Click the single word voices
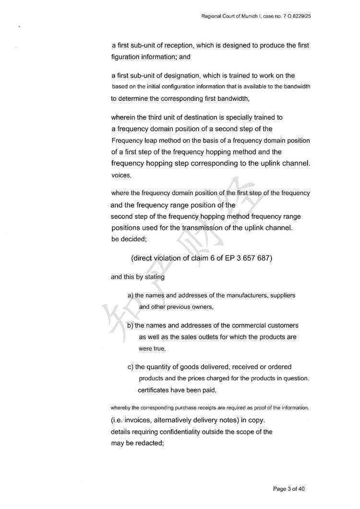pos(121,176)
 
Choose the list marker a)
pos(131,295)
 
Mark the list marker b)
pos(131,326)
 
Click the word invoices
pos(139,420)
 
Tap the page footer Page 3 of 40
pos(289,489)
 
